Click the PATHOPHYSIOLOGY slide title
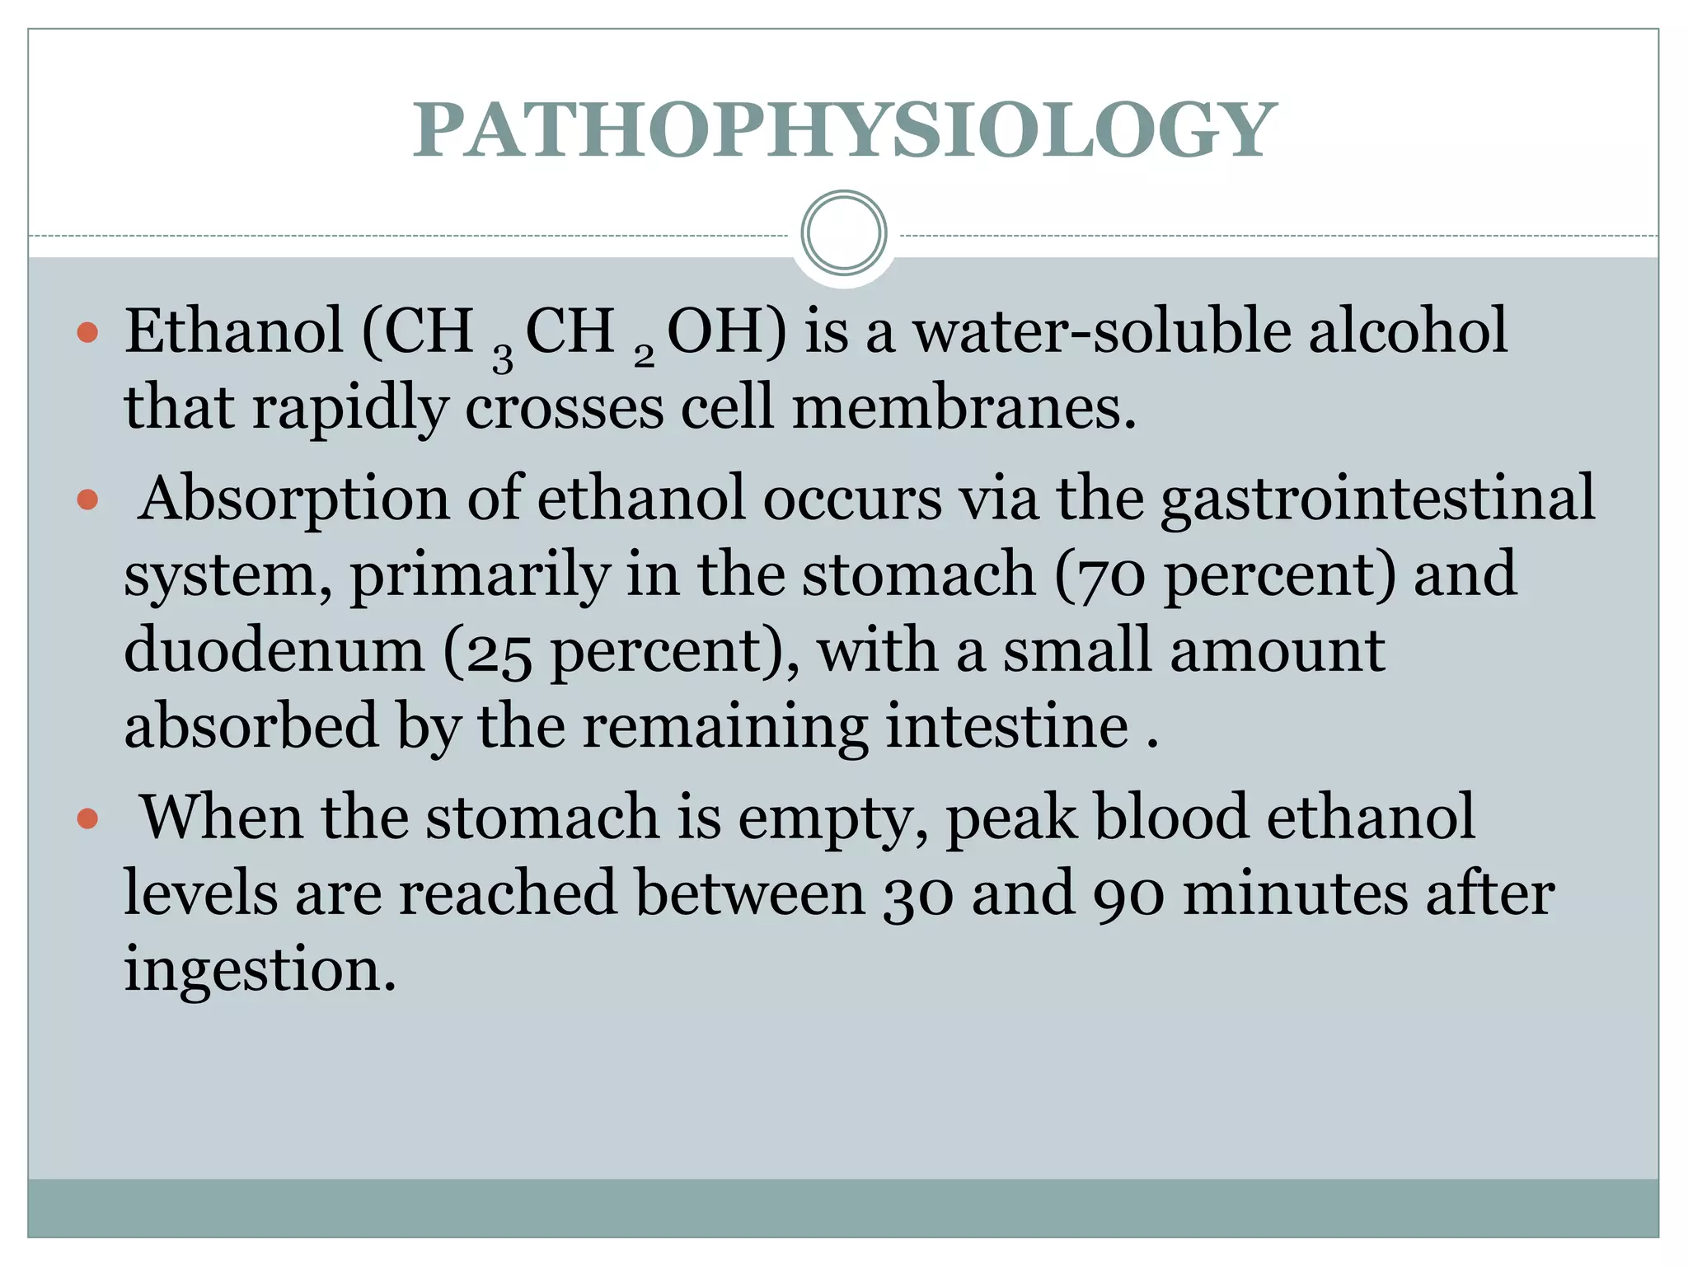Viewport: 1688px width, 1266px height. [844, 129]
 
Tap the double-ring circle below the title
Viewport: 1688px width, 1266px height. [843, 233]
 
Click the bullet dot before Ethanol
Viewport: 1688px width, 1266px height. [87, 333]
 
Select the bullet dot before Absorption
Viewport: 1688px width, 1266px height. [87, 499]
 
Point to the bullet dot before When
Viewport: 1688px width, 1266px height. [87, 818]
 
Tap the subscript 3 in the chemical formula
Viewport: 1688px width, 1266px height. [502, 358]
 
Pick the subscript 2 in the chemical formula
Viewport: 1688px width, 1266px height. [644, 355]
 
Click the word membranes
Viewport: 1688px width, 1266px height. [964, 407]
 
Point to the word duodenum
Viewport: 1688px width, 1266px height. [274, 650]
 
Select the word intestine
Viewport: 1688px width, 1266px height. [1006, 726]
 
